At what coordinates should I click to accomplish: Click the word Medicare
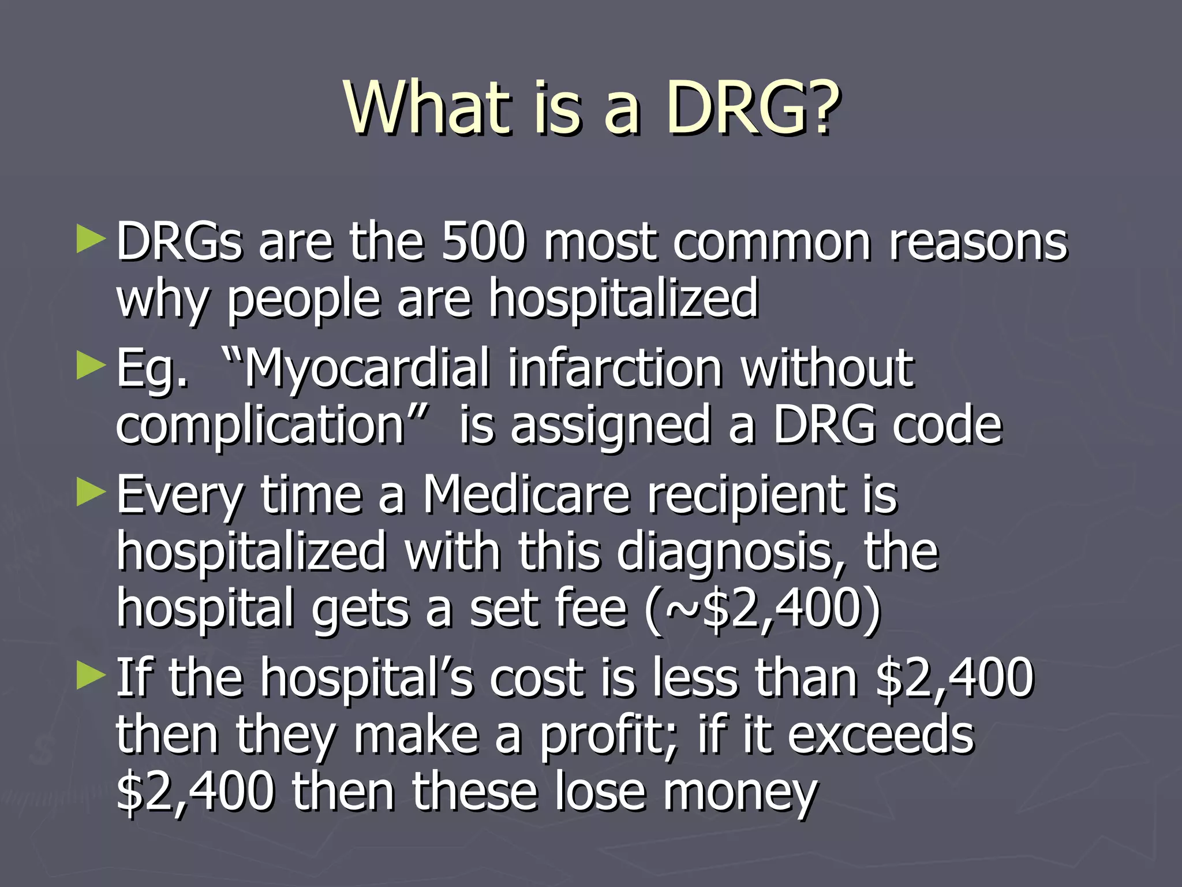coord(526,495)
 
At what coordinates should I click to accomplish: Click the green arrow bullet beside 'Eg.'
coord(91,366)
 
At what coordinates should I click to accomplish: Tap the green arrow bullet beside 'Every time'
coord(91,493)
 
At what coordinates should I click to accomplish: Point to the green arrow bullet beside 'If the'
coord(91,676)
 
